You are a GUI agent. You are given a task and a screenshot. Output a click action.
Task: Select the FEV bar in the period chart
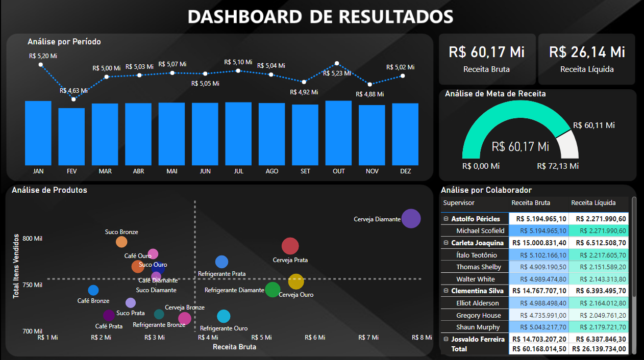[x=71, y=136]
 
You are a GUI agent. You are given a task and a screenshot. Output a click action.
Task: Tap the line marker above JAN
[x=40, y=64]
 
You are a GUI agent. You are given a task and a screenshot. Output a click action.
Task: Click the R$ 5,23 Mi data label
[x=337, y=73]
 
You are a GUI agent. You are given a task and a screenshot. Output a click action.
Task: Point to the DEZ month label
[x=406, y=171]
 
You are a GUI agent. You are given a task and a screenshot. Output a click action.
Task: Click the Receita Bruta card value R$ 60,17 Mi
[x=487, y=52]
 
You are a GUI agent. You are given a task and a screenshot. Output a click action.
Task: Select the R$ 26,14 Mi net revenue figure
[x=587, y=52]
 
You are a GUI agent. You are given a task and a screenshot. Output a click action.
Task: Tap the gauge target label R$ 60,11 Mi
[x=593, y=125]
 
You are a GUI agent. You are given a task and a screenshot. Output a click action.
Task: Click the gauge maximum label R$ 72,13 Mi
[x=558, y=166]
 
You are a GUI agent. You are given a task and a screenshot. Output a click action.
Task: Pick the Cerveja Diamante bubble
[x=411, y=219]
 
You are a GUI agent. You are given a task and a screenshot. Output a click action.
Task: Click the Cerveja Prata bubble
[x=290, y=246]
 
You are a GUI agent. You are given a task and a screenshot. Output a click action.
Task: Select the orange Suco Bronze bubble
[x=121, y=242]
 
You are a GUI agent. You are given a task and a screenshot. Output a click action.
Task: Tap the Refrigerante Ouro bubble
[x=224, y=317]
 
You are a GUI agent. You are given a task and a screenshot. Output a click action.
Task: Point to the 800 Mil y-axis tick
[x=33, y=239]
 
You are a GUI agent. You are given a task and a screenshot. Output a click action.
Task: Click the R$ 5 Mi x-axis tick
[x=262, y=338]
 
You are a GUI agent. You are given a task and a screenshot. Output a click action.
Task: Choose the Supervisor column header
[x=459, y=203]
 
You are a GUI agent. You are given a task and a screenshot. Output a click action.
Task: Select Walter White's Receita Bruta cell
[x=539, y=279]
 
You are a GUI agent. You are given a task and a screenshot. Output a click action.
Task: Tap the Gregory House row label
[x=478, y=316]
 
